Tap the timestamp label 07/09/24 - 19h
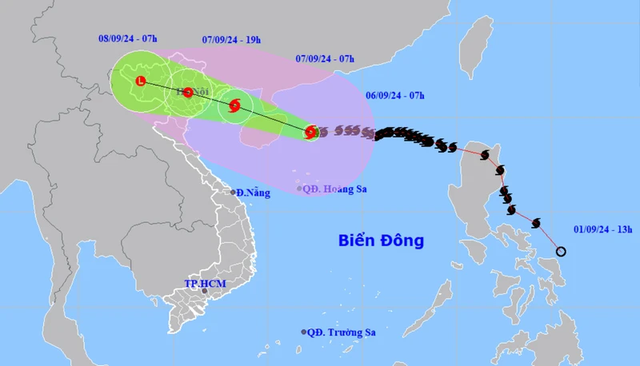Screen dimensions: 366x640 pyautogui.click(x=231, y=38)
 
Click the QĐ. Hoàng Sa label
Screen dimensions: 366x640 pyautogui.click(x=329, y=189)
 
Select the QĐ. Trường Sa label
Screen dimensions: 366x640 pyautogui.click(x=342, y=332)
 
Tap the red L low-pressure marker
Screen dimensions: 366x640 pyautogui.click(x=141, y=81)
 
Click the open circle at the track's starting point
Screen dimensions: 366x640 pyautogui.click(x=561, y=252)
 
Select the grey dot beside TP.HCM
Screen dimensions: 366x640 pyautogui.click(x=205, y=291)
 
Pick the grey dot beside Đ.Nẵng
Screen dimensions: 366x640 pyautogui.click(x=233, y=193)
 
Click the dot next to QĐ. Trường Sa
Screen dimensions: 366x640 pyautogui.click(x=304, y=332)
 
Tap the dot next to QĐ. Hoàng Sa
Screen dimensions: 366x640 pyautogui.click(x=299, y=189)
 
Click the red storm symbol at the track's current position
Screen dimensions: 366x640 pyautogui.click(x=310, y=133)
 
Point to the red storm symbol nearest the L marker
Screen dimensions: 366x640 pyautogui.click(x=188, y=92)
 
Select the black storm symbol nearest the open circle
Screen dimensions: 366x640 pyautogui.click(x=535, y=223)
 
